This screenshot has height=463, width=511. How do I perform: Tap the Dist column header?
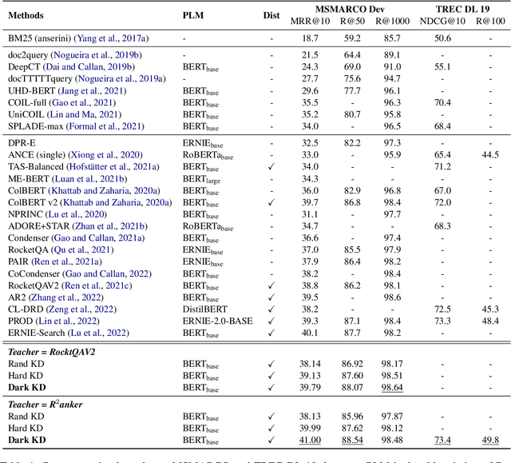(x=272, y=15)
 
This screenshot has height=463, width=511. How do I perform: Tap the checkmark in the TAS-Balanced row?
(x=272, y=166)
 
